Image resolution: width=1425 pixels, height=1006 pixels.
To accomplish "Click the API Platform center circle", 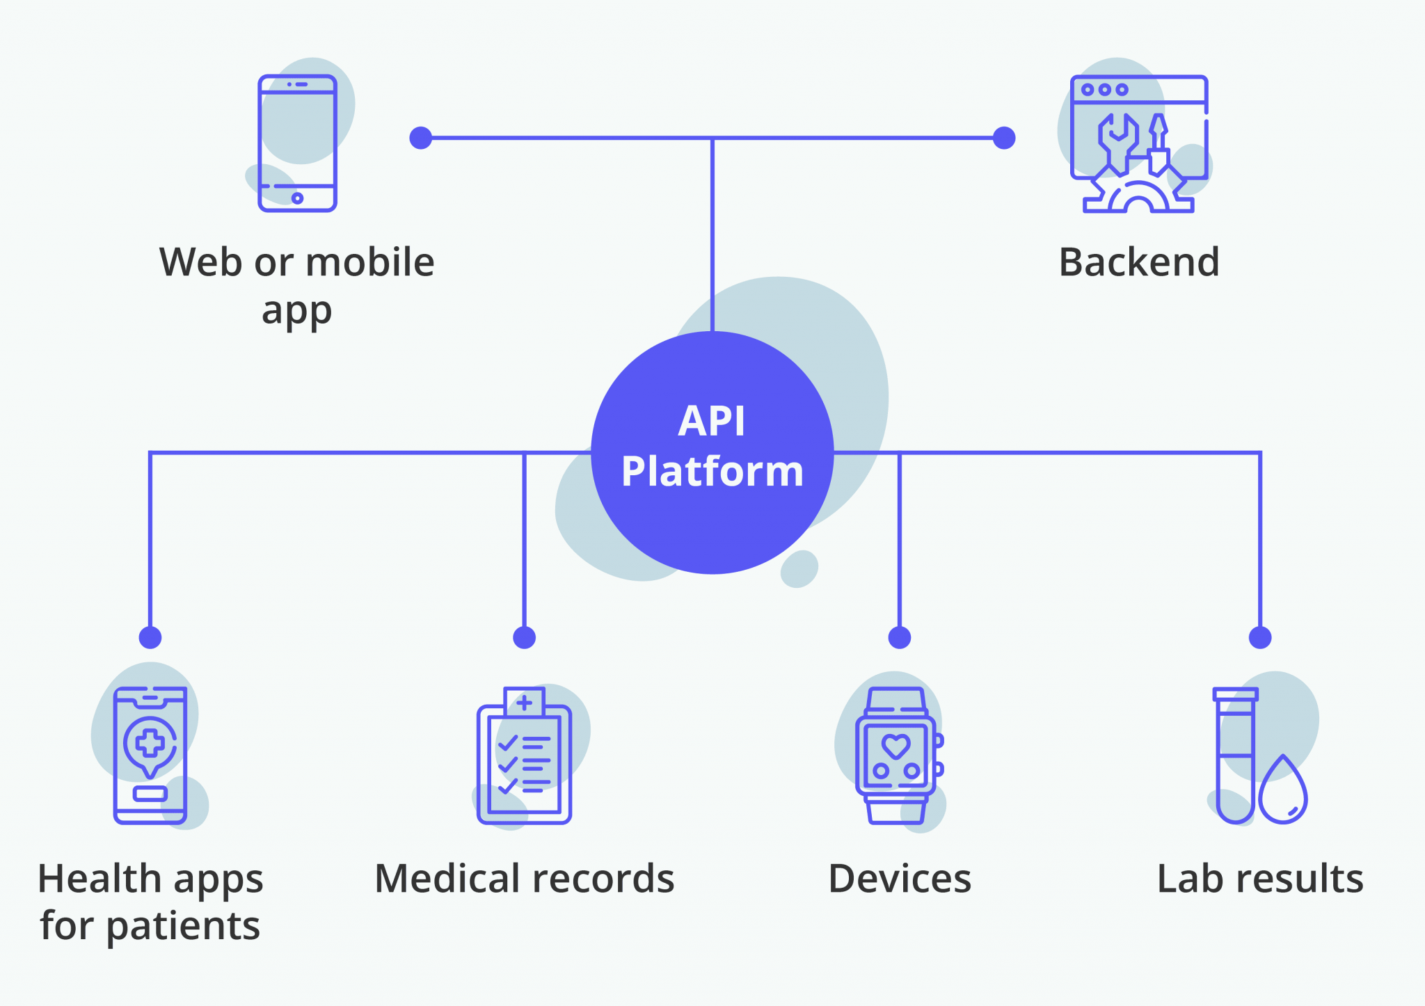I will pyautogui.click(x=712, y=452).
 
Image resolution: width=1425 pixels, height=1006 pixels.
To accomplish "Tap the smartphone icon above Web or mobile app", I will pyautogui.click(x=297, y=143).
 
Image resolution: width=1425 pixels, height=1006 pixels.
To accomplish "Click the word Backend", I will pyautogui.click(x=1139, y=262).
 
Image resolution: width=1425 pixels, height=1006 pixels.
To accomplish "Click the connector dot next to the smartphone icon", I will pyautogui.click(x=420, y=138).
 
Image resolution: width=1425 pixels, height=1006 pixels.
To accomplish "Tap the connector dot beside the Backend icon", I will pyautogui.click(x=1003, y=138).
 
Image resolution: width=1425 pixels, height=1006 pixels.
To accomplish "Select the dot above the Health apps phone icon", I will pyautogui.click(x=150, y=637).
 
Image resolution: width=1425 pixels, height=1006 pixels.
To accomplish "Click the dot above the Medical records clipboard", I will pyautogui.click(x=524, y=637).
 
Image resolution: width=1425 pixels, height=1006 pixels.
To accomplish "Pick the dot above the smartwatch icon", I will pyautogui.click(x=899, y=637).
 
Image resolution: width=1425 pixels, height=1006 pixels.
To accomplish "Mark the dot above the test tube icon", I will pyautogui.click(x=1259, y=637).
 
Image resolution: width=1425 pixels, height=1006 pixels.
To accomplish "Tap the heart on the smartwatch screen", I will pyautogui.click(x=895, y=746).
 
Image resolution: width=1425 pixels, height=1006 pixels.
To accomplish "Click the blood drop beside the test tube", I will pyautogui.click(x=1283, y=793).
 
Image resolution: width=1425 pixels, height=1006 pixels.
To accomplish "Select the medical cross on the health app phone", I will pyautogui.click(x=150, y=743).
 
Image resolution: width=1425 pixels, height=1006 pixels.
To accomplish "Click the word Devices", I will pyautogui.click(x=899, y=879).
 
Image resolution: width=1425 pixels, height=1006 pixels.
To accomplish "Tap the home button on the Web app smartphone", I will pyautogui.click(x=297, y=198).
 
